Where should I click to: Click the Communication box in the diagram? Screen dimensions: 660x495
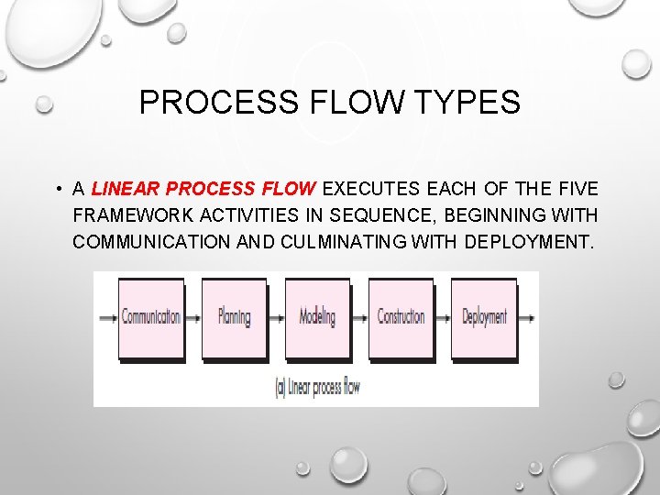[150, 318]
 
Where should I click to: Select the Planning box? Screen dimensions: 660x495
[234, 318]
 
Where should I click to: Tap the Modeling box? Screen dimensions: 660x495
[317, 318]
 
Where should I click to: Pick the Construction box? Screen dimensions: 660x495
[401, 318]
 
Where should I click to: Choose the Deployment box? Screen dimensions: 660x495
[484, 318]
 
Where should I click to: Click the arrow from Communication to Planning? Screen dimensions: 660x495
[192, 318]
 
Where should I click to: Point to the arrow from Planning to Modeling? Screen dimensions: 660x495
[276, 318]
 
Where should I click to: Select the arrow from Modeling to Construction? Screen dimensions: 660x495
[359, 318]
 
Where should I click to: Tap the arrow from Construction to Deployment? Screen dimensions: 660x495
[443, 318]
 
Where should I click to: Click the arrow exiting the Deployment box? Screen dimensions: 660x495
[526, 318]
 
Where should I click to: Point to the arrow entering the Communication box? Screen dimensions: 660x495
[108, 318]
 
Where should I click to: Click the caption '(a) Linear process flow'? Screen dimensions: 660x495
[318, 386]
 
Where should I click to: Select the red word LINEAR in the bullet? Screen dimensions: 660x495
[126, 190]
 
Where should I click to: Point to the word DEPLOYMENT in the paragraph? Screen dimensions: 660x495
[529, 243]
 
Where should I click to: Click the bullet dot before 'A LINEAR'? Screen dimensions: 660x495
[57, 190]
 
